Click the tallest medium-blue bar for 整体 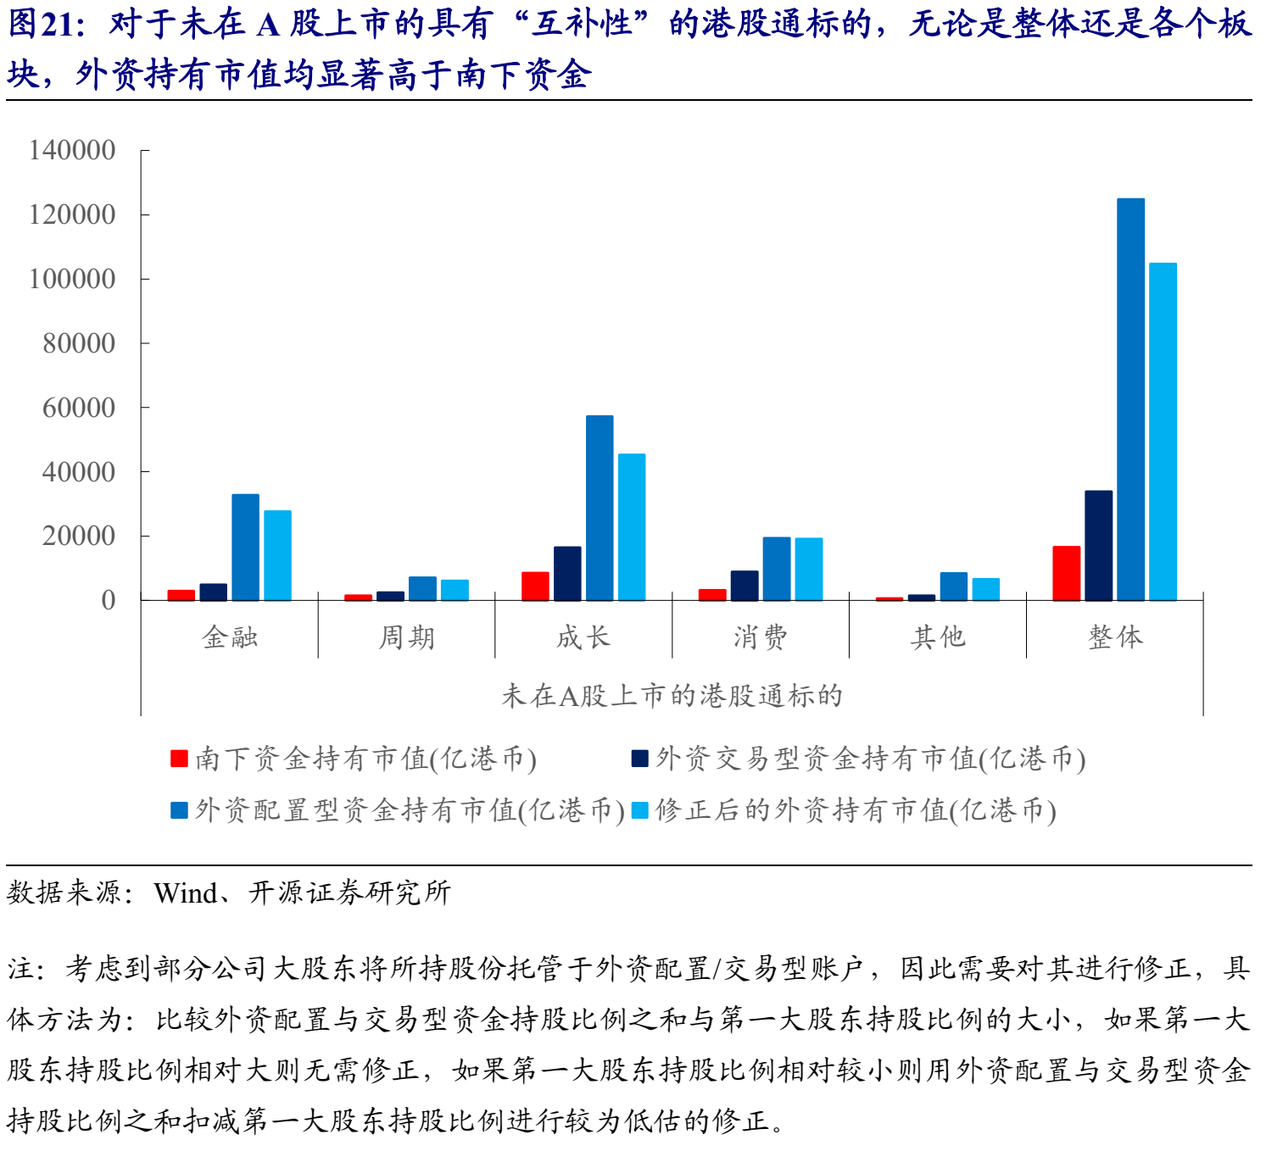1130,399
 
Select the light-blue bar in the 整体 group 1163,431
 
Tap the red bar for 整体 1067,573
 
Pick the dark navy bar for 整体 1098,545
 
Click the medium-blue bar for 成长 600,508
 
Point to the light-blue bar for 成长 632,526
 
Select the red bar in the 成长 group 535,586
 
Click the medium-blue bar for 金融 245,547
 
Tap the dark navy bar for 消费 745,585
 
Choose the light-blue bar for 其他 985,589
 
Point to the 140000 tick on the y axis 72,150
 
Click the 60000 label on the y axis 79,408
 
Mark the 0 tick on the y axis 108,600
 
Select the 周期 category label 406,637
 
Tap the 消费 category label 761,637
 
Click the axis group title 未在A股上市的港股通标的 672,696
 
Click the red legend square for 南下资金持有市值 179,758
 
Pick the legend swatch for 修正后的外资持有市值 640,810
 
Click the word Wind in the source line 185,892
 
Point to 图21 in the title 41,25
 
